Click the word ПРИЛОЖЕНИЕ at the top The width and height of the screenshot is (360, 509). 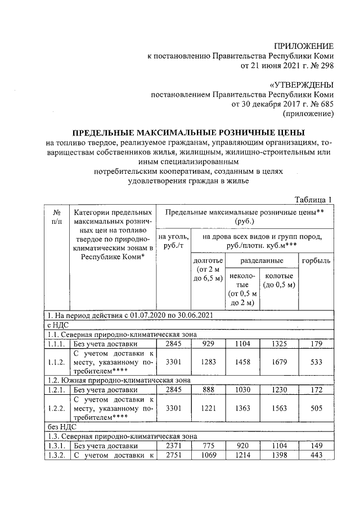[304, 46]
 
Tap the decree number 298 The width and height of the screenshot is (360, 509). [327, 65]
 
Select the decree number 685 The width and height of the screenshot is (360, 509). [327, 104]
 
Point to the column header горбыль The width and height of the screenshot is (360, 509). [317, 262]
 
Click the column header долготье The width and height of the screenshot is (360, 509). [208, 262]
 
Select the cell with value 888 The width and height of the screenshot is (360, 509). [208, 389]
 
